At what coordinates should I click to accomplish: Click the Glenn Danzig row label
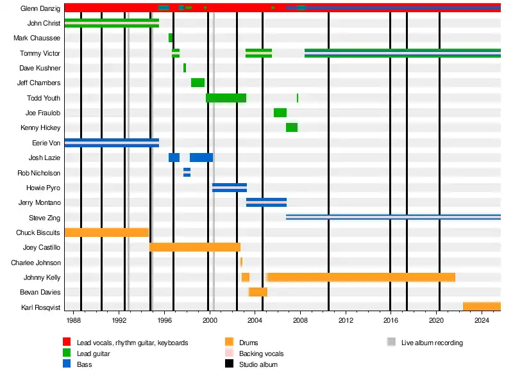pos(40,8)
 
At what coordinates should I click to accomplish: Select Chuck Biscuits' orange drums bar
pos(106,232)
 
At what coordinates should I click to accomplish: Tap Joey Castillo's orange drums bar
pos(194,247)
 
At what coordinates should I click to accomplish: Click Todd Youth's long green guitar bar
pos(226,98)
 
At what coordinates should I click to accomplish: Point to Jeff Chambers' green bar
pos(198,83)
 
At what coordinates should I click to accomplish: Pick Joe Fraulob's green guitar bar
pos(280,113)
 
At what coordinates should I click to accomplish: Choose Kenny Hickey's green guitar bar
pos(292,127)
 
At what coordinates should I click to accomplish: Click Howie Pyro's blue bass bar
pos(230,188)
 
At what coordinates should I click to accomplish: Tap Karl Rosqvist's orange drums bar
pos(482,307)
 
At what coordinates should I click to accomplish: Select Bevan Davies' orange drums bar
pos(258,292)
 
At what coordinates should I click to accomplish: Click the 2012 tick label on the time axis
pos(346,320)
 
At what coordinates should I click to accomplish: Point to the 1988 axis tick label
pos(73,320)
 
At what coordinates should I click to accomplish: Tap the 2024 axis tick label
pos(482,320)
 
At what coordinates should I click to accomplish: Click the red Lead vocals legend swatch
pos(67,343)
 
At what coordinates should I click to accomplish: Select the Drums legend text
pos(248,343)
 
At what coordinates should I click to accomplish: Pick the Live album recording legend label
pos(432,343)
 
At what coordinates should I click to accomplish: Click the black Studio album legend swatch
pos(230,364)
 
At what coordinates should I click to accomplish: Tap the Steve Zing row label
pos(44,218)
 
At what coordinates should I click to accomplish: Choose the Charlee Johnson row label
pos(36,263)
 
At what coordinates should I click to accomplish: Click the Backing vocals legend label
pos(261,353)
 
